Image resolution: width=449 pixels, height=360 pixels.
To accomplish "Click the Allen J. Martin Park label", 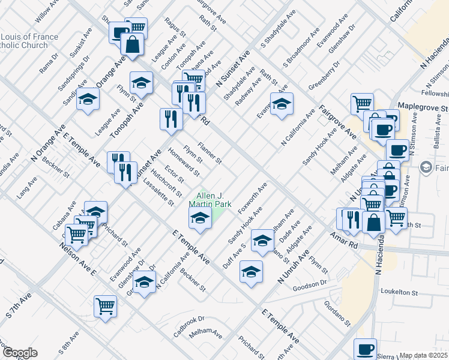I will (210, 200).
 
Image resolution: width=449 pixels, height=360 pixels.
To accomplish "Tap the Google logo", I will (20, 353).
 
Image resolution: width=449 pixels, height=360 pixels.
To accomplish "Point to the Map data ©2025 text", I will (424, 355).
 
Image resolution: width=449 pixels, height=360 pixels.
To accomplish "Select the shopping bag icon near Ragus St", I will (131, 43).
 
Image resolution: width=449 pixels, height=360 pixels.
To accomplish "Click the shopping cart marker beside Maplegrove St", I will (362, 104).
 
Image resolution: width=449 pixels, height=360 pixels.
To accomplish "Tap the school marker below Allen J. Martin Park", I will (200, 220).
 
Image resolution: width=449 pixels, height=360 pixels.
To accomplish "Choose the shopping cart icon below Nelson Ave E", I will (106, 306).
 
